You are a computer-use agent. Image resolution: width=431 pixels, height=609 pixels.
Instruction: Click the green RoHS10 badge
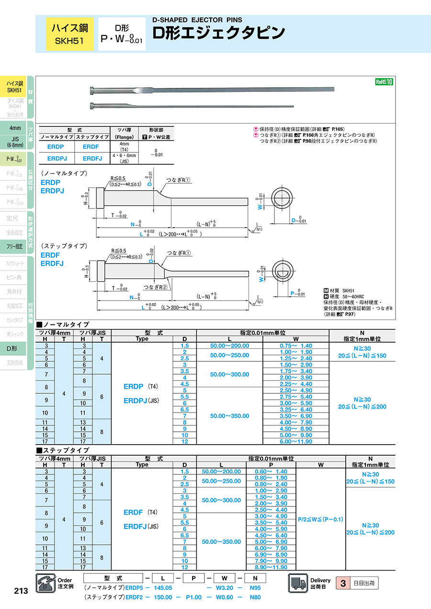(384, 82)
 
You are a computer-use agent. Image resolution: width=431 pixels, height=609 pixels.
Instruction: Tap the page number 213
(21, 591)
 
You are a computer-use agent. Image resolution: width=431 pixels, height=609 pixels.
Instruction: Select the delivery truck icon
(298, 583)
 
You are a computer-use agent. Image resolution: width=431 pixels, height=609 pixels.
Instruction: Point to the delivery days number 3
(343, 583)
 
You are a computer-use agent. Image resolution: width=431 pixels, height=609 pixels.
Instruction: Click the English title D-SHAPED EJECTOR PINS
(197, 20)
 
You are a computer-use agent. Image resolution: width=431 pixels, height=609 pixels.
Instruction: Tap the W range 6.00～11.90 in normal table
(296, 441)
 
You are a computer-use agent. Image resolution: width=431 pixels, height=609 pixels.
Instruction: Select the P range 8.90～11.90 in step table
(271, 567)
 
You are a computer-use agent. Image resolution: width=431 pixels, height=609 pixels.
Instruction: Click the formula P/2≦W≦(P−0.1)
(320, 519)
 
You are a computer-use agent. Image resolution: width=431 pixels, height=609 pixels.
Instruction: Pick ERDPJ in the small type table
(57, 158)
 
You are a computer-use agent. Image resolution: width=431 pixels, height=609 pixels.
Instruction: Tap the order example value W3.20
(223, 587)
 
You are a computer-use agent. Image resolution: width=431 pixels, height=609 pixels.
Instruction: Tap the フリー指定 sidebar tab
(14, 246)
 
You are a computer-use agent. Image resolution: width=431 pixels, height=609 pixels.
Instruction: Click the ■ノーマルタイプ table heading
(63, 324)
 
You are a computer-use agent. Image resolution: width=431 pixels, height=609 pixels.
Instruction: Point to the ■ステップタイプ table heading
(63, 450)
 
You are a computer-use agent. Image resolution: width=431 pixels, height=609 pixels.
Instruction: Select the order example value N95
(256, 587)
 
